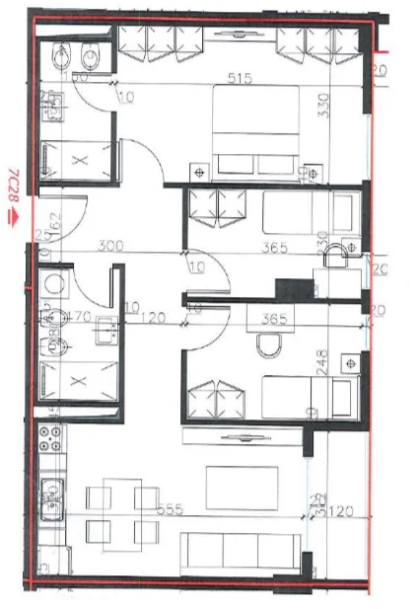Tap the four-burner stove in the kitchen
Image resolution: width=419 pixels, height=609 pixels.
[49, 438]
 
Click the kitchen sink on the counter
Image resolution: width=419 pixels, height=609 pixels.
[50, 488]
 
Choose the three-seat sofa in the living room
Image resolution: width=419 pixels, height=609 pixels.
[241, 550]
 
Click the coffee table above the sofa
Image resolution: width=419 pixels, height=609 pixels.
[235, 484]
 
